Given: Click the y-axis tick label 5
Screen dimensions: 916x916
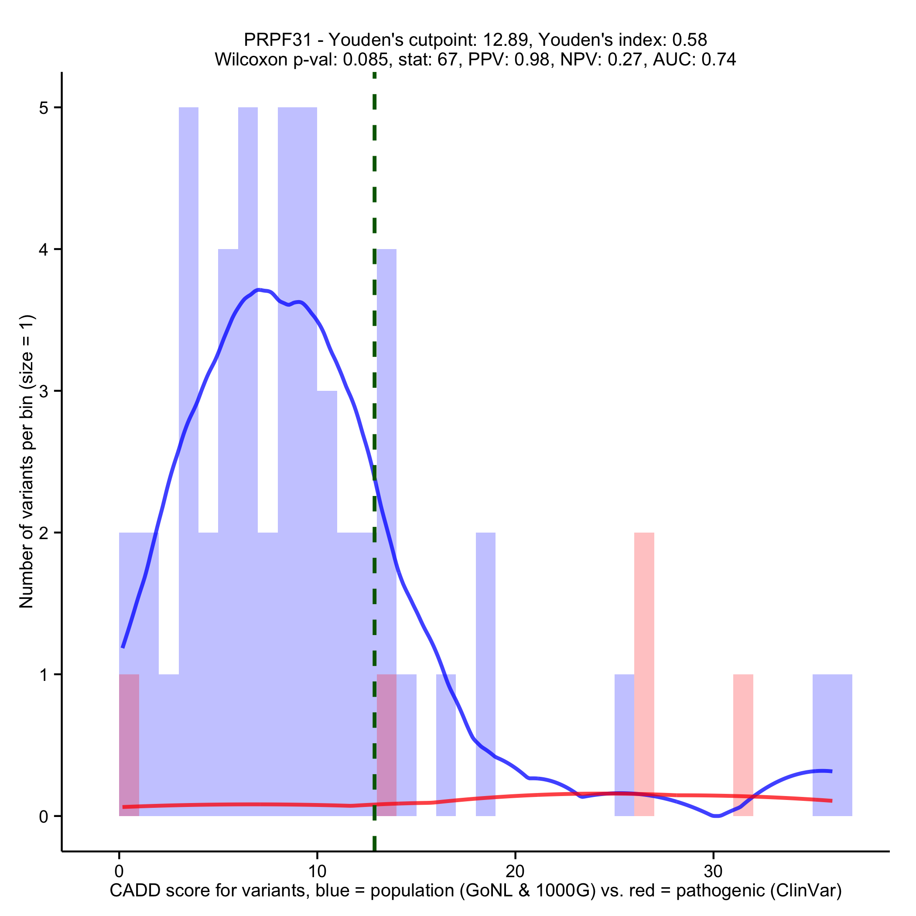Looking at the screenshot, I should pos(44,108).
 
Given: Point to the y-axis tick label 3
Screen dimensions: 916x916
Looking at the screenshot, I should pos(44,392).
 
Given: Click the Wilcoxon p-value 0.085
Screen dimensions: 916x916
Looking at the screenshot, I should pos(365,60).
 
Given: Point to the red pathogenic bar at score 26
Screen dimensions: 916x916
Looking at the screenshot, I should pos(644,664).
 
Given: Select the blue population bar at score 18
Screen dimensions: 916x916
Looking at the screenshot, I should pos(485,664).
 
